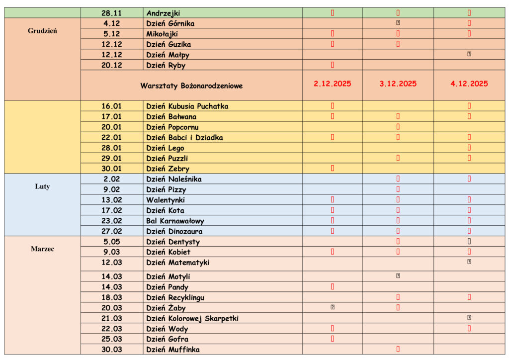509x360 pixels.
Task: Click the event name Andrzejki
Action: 163,13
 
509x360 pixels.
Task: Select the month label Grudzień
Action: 42,31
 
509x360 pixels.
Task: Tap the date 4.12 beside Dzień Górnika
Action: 112,23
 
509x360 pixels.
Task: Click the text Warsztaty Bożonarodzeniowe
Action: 191,86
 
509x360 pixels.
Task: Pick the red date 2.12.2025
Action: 333,84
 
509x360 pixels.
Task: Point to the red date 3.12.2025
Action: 398,84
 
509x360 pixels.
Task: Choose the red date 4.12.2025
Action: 469,84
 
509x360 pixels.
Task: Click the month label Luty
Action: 42,187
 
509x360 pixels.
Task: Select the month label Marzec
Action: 42,249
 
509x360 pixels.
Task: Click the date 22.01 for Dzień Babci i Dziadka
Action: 112,137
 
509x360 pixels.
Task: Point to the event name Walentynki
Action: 166,200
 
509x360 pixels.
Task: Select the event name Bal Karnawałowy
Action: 175,221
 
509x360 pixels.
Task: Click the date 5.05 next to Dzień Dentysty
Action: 112,242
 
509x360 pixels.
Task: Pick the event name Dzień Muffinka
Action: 173,350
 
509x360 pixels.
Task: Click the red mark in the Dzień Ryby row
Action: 333,65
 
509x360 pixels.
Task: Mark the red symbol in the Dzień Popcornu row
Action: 398,127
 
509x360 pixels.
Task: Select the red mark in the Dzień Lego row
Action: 469,148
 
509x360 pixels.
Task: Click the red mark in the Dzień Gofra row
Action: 333,339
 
